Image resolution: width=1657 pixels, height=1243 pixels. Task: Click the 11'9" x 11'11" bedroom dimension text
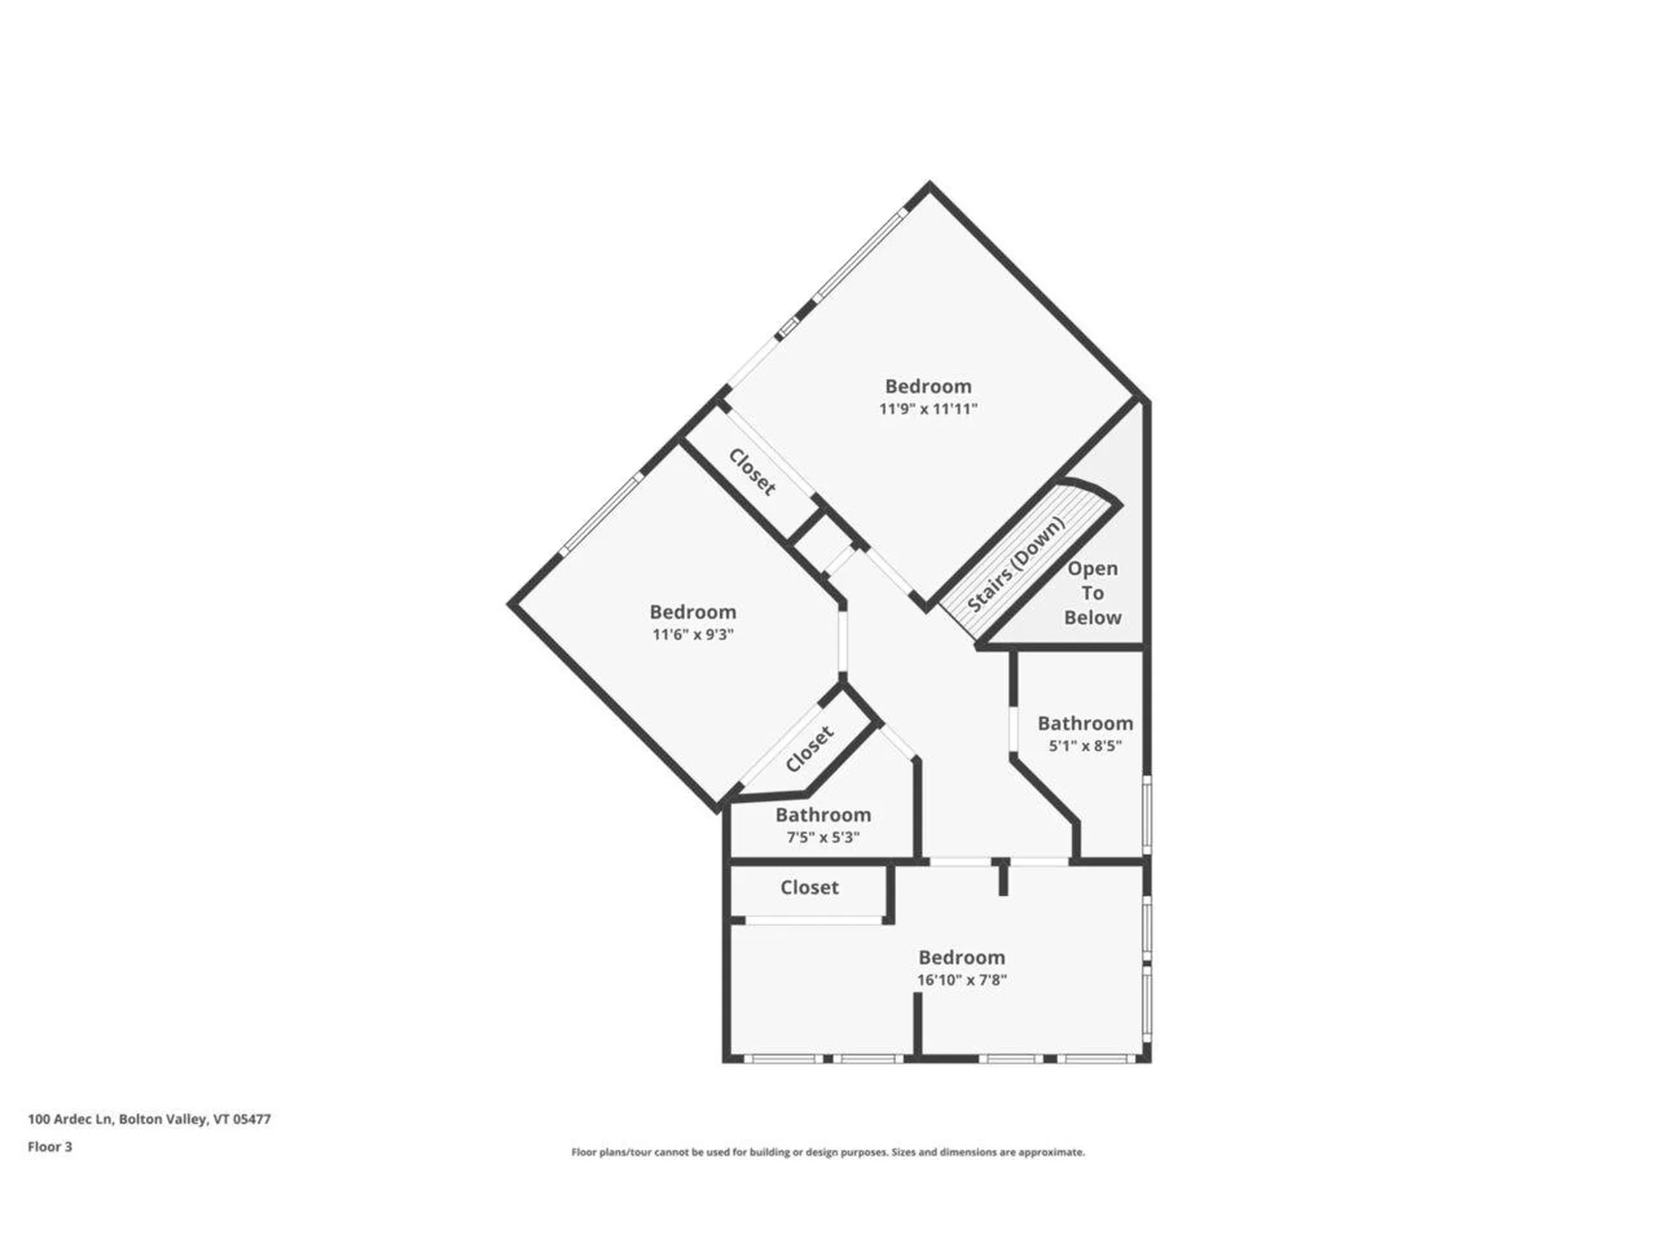tap(928, 409)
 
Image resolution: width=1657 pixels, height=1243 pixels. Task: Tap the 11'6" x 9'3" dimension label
tap(692, 634)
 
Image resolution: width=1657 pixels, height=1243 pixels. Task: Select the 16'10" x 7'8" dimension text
tap(961, 980)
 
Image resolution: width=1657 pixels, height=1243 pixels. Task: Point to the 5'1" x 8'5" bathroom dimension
tap(1085, 746)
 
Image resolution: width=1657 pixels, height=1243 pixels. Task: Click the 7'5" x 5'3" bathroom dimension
tap(822, 837)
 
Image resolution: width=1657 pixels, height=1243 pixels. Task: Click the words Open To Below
tap(1093, 593)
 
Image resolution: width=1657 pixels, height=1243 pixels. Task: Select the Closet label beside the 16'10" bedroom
tap(809, 887)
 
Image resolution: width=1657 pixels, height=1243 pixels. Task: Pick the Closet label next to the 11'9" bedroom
tap(752, 472)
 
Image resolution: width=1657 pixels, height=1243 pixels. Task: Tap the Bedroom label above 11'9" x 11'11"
tap(928, 386)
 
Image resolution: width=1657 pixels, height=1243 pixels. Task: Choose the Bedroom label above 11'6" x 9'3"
tap(692, 612)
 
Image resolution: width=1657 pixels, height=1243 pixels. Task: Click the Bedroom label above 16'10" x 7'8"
tap(961, 957)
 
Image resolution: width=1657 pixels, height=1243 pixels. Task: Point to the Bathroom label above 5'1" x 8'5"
tap(1085, 723)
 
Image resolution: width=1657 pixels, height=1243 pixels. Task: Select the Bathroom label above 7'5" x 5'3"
tap(822, 815)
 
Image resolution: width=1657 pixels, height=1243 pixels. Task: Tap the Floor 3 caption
tap(50, 1146)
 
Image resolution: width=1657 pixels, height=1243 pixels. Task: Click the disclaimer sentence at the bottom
tap(828, 1152)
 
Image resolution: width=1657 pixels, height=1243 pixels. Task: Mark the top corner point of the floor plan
tap(929, 185)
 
